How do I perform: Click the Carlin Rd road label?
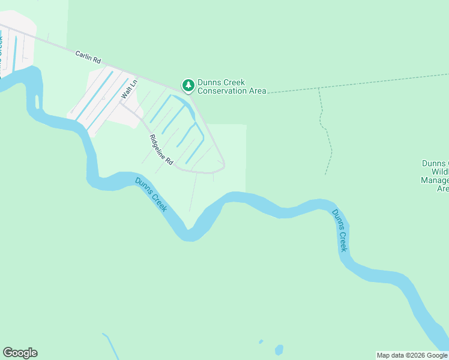click(x=88, y=58)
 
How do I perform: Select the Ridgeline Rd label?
click(x=161, y=150)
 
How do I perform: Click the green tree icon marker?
click(x=188, y=86)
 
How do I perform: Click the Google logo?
click(x=20, y=353)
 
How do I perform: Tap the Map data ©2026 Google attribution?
click(x=412, y=355)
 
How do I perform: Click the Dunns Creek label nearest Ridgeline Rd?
click(x=151, y=195)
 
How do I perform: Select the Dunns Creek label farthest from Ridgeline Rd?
click(x=340, y=230)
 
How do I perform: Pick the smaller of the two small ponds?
click(x=261, y=342)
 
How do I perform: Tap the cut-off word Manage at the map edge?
click(x=435, y=180)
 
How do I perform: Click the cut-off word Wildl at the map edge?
click(x=439, y=172)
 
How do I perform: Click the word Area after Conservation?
click(x=257, y=91)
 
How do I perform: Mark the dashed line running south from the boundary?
click(x=327, y=132)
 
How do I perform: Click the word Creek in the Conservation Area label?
click(x=234, y=83)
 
